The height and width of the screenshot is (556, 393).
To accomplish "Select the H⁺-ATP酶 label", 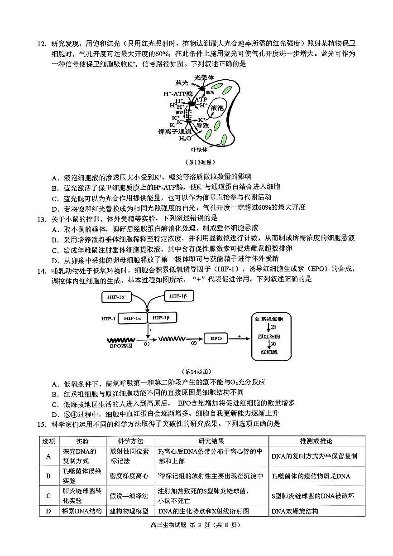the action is point(178,94).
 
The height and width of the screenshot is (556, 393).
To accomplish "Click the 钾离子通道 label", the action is point(175,131).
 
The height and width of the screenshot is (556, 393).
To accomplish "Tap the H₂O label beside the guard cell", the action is point(182,139).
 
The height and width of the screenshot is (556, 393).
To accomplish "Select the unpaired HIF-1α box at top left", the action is point(117,297).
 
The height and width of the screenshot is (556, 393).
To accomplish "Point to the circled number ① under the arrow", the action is point(147,344).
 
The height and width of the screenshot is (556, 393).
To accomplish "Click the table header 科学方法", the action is point(130,441).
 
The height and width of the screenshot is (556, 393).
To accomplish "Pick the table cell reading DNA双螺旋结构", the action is point(295,511).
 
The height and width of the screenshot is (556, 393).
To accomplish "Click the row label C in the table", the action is point(48,495).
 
